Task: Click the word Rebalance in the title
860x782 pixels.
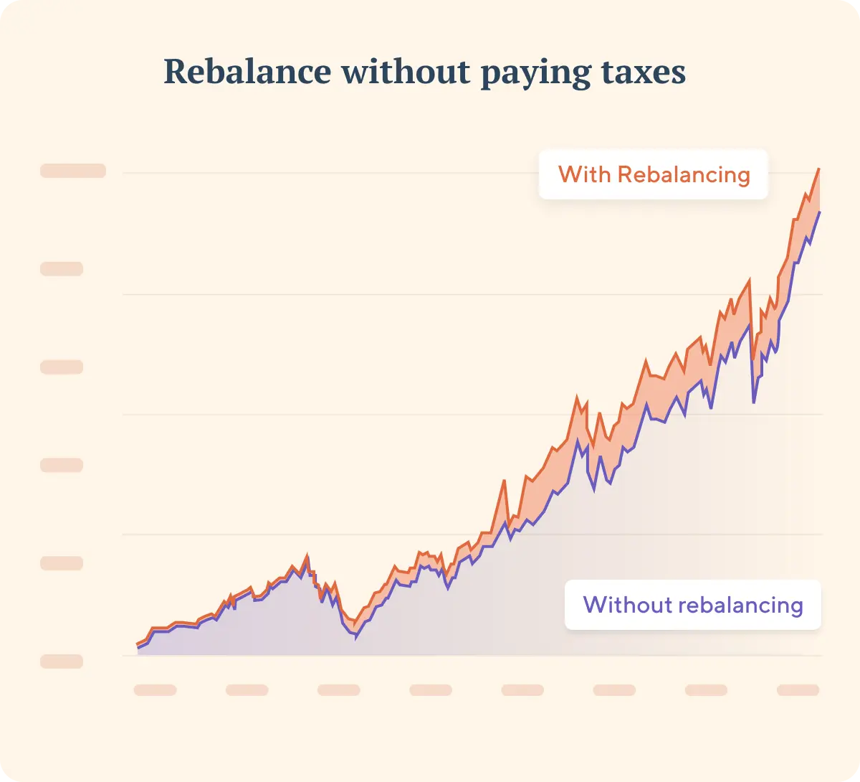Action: click(x=247, y=72)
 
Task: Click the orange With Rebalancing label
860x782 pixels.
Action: click(x=654, y=174)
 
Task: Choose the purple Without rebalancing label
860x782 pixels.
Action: click(x=692, y=605)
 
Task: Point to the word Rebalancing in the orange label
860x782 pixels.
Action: click(x=684, y=174)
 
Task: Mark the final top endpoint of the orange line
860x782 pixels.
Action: click(x=818, y=169)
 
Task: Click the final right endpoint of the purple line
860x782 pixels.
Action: click(x=819, y=212)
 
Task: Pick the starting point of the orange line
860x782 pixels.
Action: click(x=138, y=644)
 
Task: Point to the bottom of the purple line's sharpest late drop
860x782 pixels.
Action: click(x=754, y=402)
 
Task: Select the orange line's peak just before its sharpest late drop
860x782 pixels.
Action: click(x=750, y=280)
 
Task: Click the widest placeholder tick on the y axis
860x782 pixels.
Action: click(x=73, y=171)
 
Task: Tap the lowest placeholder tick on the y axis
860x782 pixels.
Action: click(x=62, y=661)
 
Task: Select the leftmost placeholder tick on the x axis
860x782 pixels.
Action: click(x=155, y=690)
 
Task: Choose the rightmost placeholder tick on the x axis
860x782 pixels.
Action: click(x=798, y=690)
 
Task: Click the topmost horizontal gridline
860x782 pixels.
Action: click(x=473, y=173)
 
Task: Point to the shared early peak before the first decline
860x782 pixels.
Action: click(x=307, y=556)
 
